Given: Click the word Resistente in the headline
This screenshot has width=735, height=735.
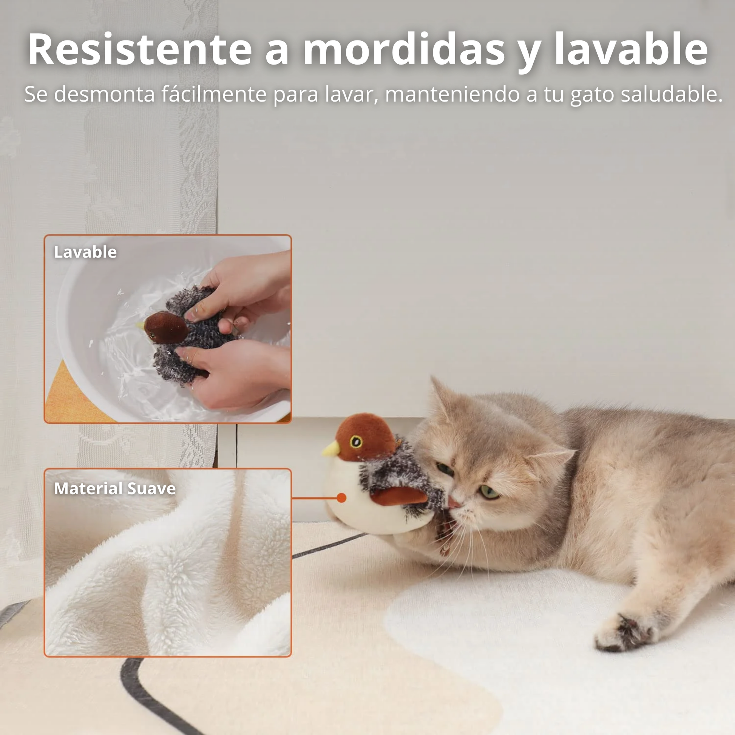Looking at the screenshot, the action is (140, 49).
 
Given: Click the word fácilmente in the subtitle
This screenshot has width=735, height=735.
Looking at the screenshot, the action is (213, 94).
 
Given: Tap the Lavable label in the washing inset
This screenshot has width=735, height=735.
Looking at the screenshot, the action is (85, 252).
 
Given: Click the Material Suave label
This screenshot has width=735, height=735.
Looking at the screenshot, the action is (114, 488).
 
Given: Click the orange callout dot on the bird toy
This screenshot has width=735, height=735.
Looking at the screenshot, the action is (341, 497).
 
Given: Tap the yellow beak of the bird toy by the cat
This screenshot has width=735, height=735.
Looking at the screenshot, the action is (331, 449).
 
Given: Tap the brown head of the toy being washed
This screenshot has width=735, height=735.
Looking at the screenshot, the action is (166, 327).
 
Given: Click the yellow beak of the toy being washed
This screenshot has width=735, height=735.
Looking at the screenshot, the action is (141, 326).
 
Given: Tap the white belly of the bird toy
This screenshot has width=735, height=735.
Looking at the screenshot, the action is (365, 506).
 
